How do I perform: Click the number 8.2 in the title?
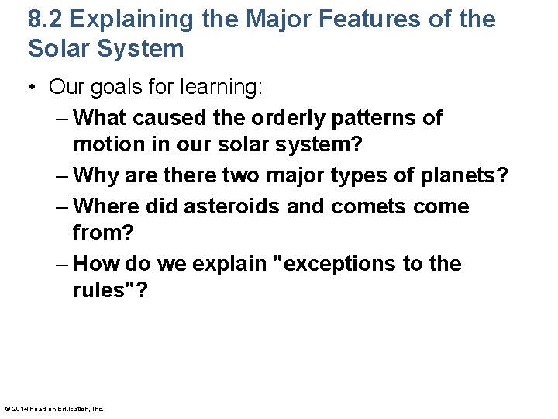pyautogui.click(x=47, y=19)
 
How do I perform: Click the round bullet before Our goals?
pyautogui.click(x=34, y=88)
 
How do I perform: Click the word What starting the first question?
pyautogui.click(x=104, y=118)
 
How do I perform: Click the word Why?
pyautogui.click(x=98, y=176)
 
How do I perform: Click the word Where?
pyautogui.click(x=110, y=206)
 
